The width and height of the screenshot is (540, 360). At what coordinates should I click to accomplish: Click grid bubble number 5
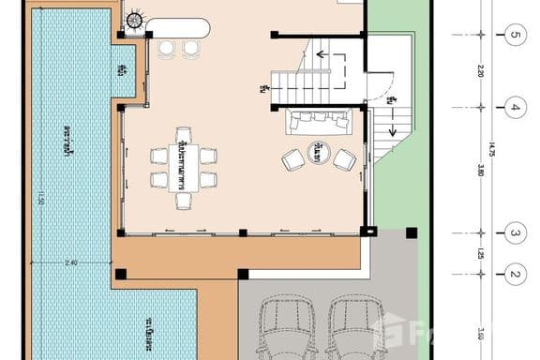[x=514, y=37]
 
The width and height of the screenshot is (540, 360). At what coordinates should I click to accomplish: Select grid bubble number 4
[x=514, y=107]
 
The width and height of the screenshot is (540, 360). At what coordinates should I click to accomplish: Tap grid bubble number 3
[x=514, y=232]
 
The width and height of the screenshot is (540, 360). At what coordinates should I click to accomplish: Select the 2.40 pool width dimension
[x=70, y=263]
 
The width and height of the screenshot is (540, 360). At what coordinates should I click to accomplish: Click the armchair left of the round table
[x=292, y=160]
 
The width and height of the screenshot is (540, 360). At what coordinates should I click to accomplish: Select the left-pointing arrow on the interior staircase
[x=324, y=54]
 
